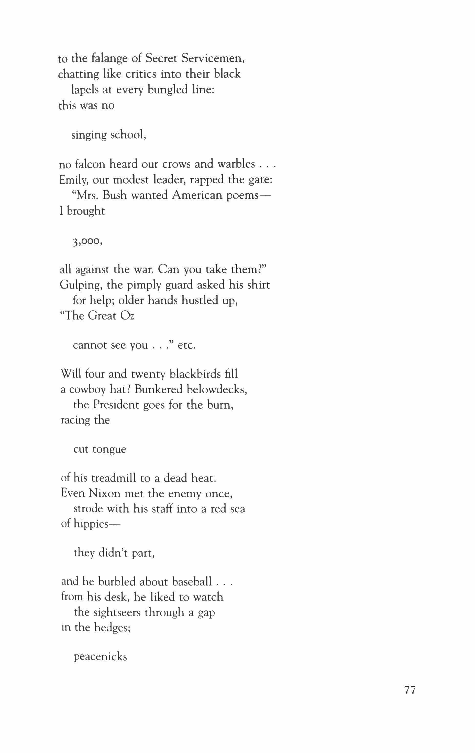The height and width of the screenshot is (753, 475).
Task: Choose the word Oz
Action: point(127,316)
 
